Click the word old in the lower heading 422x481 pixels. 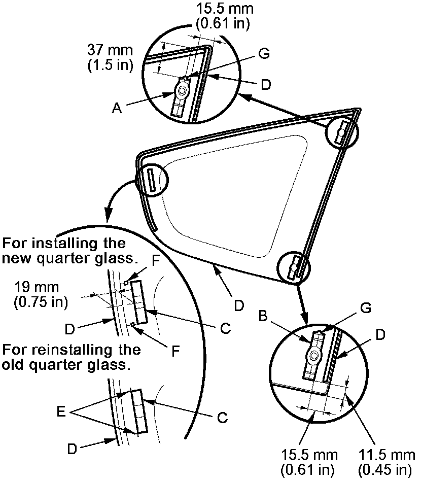tap(14, 365)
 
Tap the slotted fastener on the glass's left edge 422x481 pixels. tap(151, 180)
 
